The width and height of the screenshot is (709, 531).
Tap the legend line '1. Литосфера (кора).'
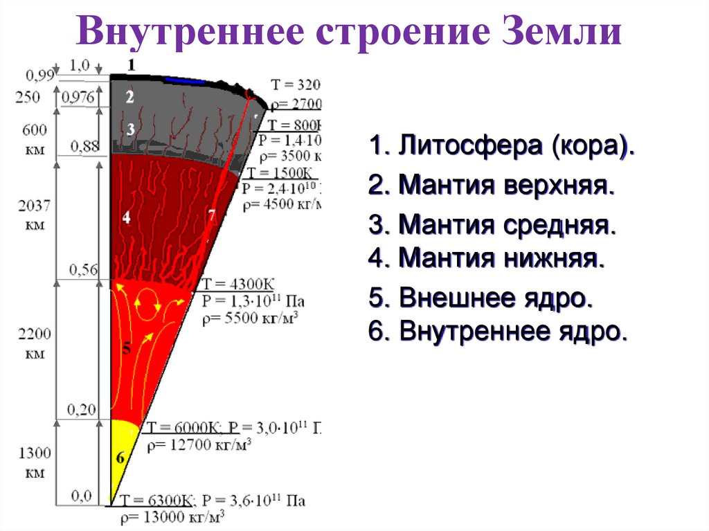coord(502,147)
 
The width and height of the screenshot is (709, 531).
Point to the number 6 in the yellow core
coord(120,458)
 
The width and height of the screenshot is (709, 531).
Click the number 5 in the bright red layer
coord(126,348)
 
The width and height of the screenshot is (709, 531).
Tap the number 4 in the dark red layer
coord(126,217)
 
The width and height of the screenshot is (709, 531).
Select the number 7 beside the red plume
coord(212,215)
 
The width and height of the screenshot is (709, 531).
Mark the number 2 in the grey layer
coord(129,97)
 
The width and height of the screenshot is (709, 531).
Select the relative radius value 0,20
coord(82,410)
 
